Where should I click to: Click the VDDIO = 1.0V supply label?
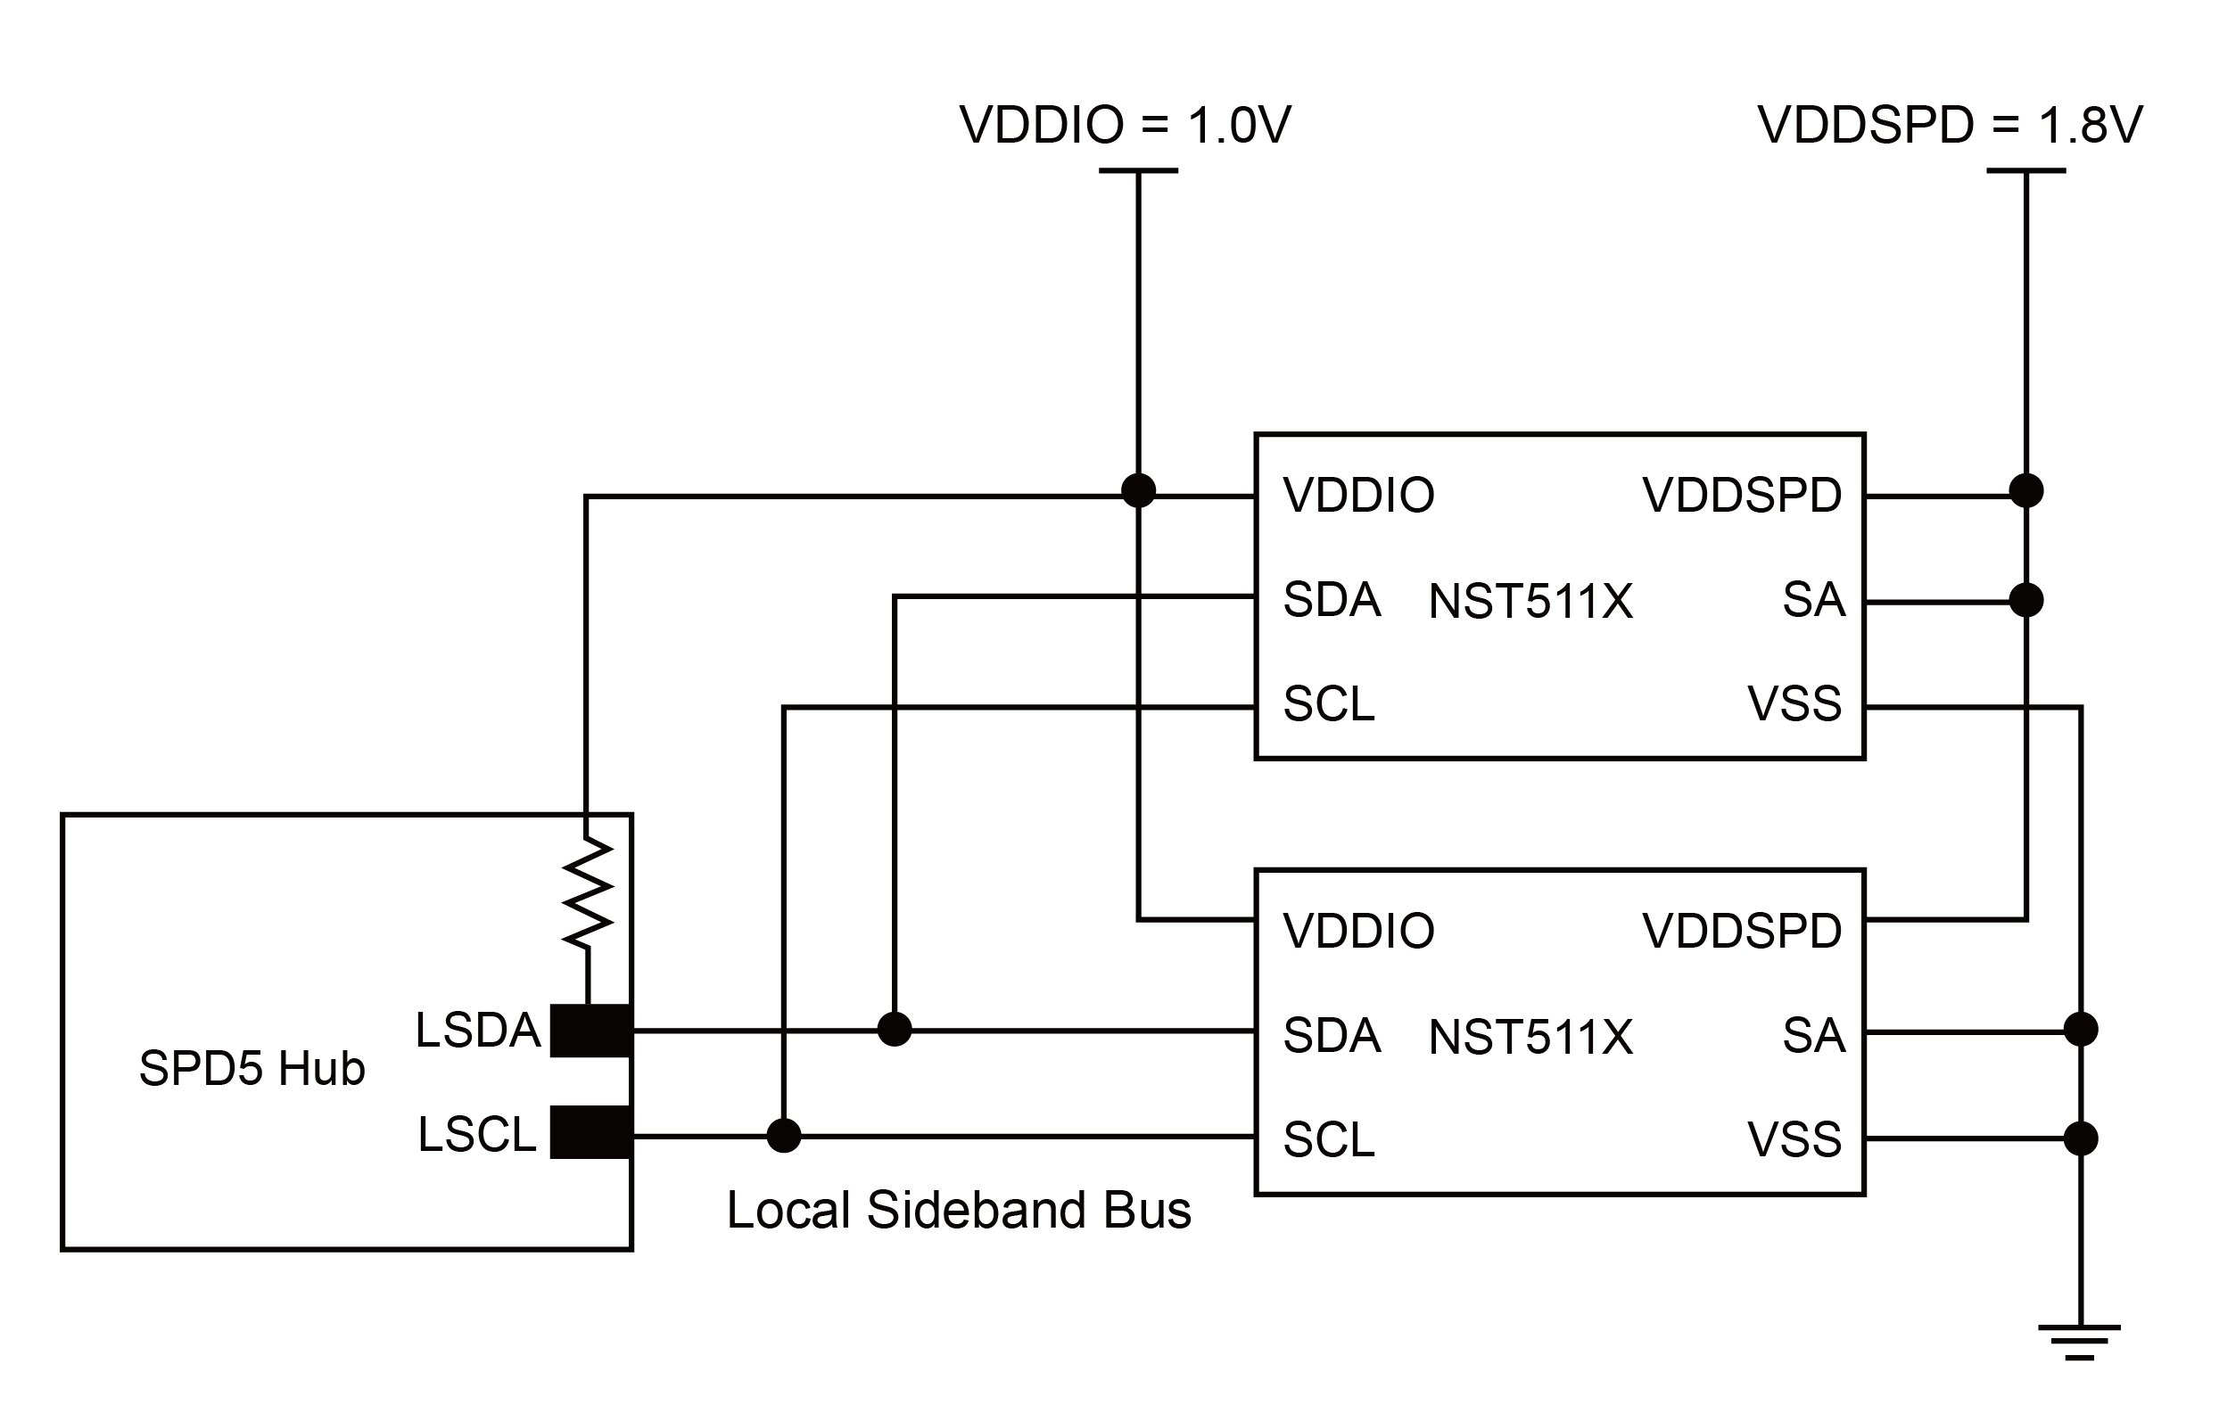1125,127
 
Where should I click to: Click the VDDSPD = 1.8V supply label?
1950,127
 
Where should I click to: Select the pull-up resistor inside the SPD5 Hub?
588,892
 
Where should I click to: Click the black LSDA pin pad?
590,1030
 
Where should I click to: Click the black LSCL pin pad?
590,1132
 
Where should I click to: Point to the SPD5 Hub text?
252,1069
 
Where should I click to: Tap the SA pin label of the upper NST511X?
1812,600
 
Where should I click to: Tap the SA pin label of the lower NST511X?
1812,1036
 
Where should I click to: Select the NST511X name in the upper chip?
1530,602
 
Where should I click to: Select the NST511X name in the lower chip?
1530,1038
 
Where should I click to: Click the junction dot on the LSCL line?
783,1136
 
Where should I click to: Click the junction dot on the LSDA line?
894,1029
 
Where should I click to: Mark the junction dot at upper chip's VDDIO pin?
1138,490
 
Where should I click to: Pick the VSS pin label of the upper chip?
1794,704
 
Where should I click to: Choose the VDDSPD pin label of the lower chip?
1742,931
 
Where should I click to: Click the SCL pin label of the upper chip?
1329,704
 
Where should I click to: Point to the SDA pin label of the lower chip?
1332,1036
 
